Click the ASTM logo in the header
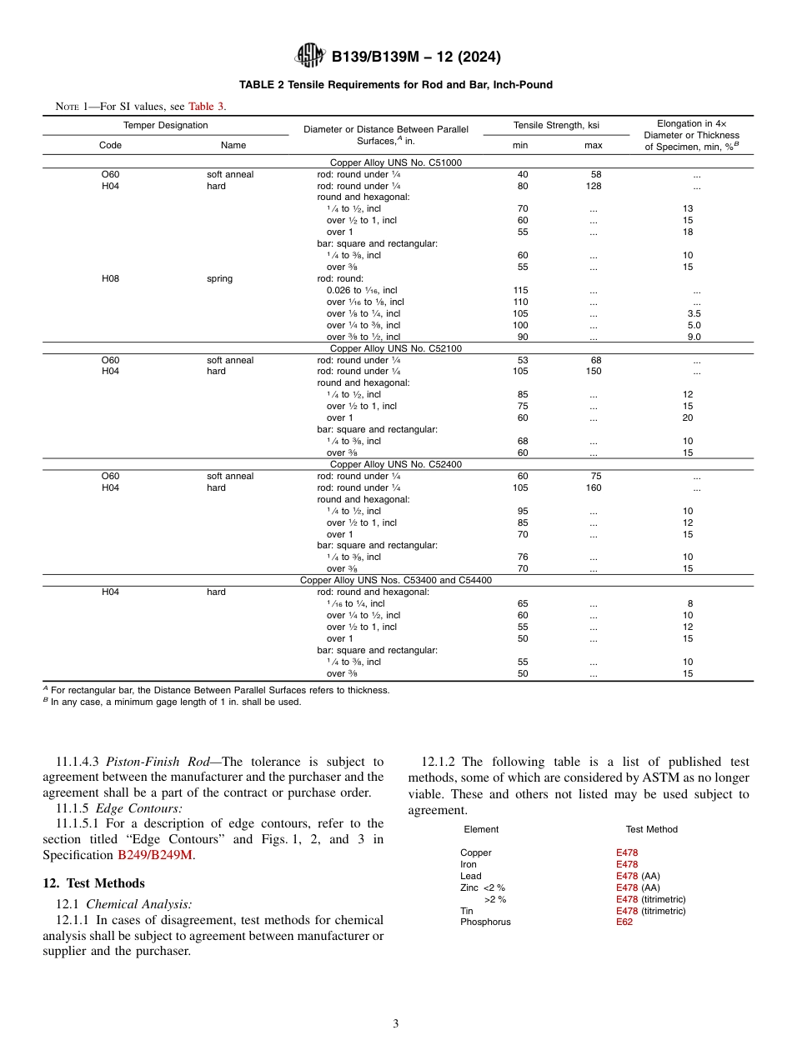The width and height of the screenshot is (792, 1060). point(310,57)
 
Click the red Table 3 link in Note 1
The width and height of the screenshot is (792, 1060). point(206,106)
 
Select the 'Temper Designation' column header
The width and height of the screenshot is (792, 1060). point(166,125)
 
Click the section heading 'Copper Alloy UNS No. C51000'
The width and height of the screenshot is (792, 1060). point(396,162)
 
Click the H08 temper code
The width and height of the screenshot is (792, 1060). point(110,278)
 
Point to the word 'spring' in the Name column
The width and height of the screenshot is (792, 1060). point(220,278)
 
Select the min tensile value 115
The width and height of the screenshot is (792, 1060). point(521,290)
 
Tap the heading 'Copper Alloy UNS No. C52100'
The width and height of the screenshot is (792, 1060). point(396,348)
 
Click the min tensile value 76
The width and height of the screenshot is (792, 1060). point(522,557)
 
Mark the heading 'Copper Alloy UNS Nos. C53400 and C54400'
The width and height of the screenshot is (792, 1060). point(396,580)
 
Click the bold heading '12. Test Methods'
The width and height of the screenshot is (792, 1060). point(93,883)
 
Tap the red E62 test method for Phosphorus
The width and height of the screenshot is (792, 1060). point(624,922)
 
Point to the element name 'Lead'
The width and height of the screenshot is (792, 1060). point(470,876)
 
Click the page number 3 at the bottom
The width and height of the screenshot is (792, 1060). point(396,1023)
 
